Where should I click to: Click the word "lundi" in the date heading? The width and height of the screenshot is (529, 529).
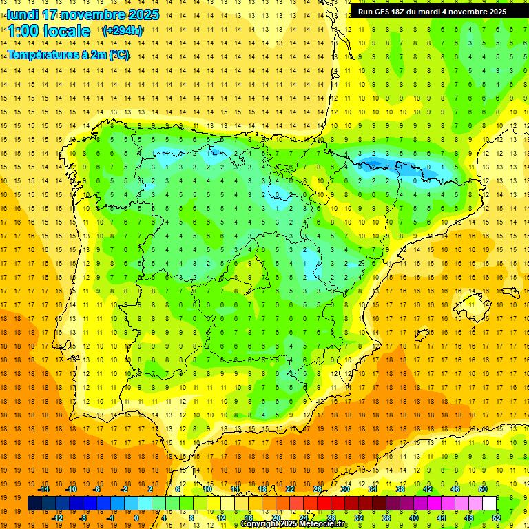click(23, 14)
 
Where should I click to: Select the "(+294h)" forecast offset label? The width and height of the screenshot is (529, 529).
click(122, 30)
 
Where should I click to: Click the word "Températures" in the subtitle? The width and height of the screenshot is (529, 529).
click(43, 56)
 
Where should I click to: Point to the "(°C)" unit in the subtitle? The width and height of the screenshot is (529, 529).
click(119, 56)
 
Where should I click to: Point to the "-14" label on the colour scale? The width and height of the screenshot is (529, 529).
click(44, 489)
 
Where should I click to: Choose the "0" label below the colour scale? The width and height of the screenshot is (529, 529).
click(136, 518)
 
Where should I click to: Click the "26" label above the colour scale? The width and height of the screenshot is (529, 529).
click(318, 489)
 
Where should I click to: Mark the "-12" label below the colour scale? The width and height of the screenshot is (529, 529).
click(58, 518)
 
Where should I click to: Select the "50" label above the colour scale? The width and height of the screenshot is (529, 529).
click(482, 489)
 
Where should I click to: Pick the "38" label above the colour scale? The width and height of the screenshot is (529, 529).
click(400, 489)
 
